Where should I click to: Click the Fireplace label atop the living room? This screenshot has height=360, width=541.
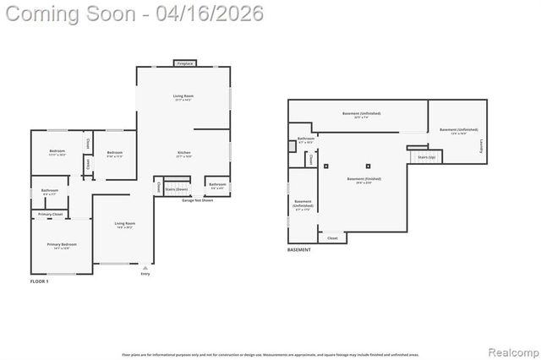(x=185, y=63)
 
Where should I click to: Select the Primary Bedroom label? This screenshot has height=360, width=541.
(x=63, y=244)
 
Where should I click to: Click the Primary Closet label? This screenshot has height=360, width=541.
(x=51, y=215)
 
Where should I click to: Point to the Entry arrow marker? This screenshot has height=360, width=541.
(x=145, y=268)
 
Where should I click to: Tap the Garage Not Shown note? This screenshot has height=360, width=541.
(x=197, y=200)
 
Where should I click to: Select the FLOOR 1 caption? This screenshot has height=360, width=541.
(x=40, y=281)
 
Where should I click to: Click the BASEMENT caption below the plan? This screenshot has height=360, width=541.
(x=299, y=249)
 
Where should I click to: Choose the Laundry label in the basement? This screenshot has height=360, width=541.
(x=482, y=145)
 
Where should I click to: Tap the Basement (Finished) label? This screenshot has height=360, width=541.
(x=363, y=179)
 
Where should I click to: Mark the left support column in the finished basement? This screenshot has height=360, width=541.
(x=326, y=166)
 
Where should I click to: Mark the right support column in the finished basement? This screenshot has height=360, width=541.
(x=368, y=166)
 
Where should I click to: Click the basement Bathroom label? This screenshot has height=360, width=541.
(x=306, y=139)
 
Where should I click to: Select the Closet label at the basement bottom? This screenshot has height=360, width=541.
(x=332, y=238)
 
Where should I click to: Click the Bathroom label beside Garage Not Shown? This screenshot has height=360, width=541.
(x=217, y=184)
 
